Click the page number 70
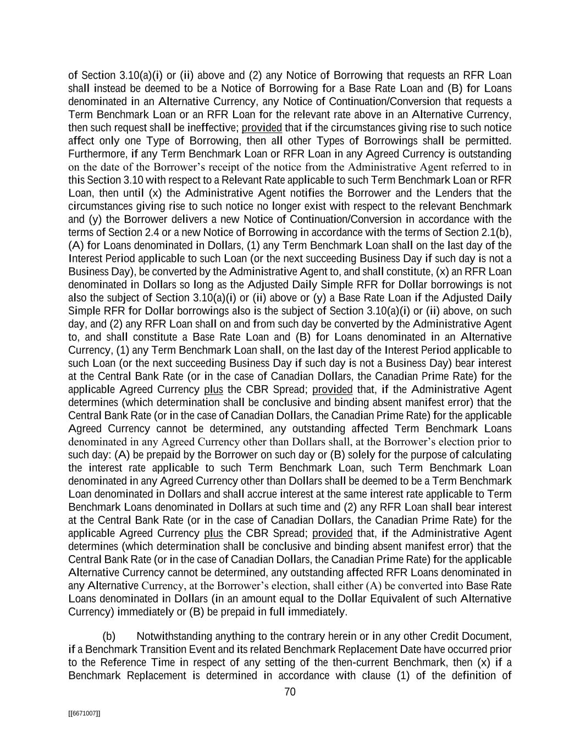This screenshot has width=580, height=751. click(x=290, y=692)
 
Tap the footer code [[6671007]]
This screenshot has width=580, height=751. click(x=84, y=714)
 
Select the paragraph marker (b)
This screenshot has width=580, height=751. click(x=109, y=637)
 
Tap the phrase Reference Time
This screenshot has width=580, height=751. click(x=131, y=662)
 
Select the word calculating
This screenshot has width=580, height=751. click(x=484, y=454)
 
